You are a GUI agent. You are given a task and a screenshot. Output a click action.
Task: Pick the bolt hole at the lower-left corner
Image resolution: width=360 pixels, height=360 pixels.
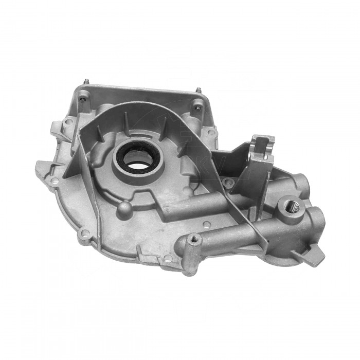coord(85,236)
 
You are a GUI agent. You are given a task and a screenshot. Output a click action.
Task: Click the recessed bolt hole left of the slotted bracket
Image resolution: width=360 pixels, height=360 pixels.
coord(230,183)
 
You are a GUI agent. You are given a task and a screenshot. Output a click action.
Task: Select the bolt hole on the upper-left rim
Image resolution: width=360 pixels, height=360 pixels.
coord(68,122)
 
